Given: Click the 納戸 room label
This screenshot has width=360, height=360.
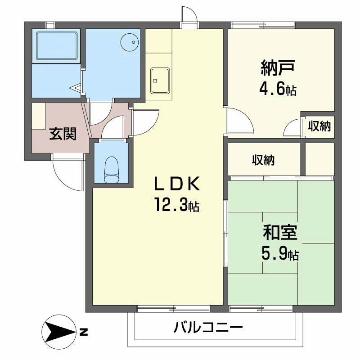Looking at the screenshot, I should tap(278, 68).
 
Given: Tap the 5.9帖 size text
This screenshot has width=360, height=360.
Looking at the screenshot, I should tap(279, 255).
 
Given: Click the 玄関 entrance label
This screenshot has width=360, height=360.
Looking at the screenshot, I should tap(62, 134).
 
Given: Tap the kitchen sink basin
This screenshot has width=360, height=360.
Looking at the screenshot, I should tap(160, 81).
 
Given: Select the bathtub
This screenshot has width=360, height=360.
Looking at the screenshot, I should tap(56, 45).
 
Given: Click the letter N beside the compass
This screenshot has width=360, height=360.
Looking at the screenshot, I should tap(83, 333).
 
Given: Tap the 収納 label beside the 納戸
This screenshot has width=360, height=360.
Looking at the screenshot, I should tap(319, 126).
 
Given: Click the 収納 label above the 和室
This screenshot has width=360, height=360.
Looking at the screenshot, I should tap(263, 160).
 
